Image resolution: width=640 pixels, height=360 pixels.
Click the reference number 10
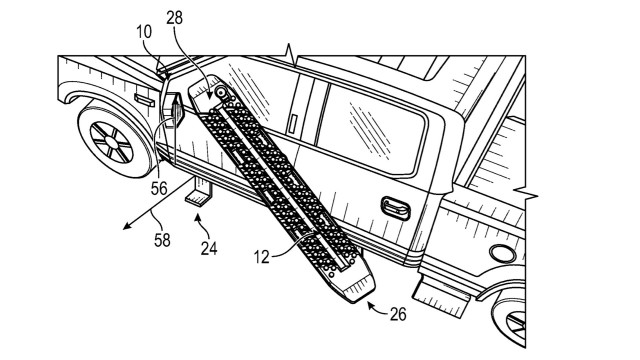coord(144,32)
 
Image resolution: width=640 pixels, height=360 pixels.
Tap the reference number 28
coord(175,18)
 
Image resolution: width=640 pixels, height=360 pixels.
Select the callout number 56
coord(159,188)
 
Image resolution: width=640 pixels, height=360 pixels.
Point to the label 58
coord(162,240)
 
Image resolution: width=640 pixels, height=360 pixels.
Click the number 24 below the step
coord(209,248)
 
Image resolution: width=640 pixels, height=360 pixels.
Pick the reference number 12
coord(262,257)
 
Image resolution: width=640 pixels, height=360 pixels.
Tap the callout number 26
coord(398,314)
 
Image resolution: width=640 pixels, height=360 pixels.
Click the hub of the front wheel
coord(111,142)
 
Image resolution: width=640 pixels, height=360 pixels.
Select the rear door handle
coord(396,208)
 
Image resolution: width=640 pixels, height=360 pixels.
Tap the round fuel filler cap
coord(502,253)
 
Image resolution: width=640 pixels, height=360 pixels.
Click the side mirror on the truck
coord(176,108)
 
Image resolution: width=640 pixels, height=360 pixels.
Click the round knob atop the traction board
coord(222,93)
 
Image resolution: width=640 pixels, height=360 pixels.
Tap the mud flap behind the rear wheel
coord(441,296)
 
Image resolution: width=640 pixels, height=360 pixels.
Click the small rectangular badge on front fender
coord(144,100)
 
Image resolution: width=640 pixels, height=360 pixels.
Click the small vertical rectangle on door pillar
coord(293,124)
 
